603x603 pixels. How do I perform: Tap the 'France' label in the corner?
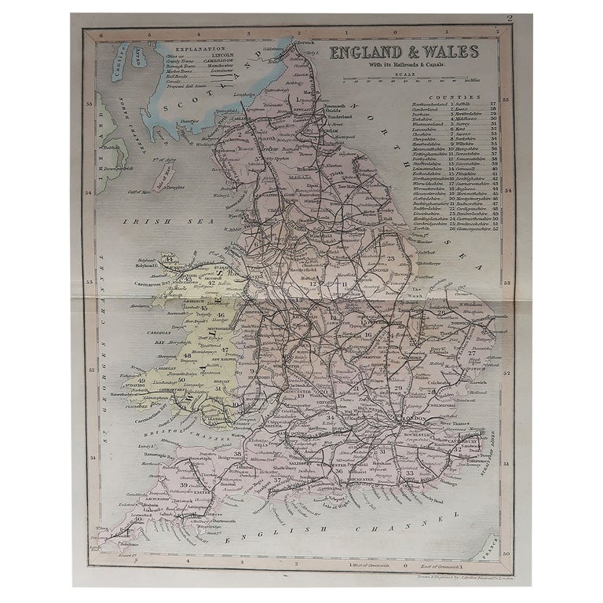(488, 543)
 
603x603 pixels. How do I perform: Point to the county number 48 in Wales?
(188, 356)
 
